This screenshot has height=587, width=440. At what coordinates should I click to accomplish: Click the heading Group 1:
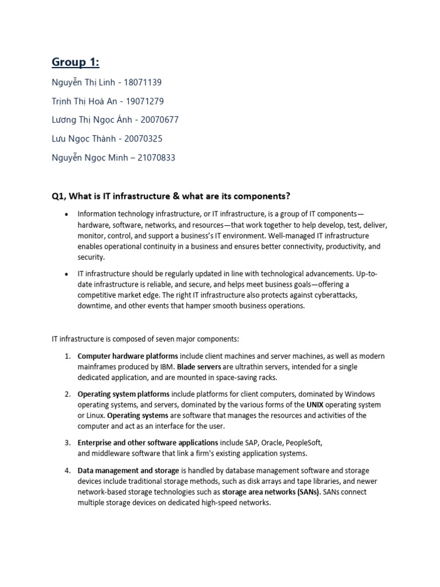[x=75, y=61]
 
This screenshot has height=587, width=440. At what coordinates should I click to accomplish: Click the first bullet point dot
[x=66, y=214]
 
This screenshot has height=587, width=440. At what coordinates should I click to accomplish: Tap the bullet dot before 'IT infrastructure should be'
[x=66, y=274]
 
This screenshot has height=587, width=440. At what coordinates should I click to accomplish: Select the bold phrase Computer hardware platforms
[x=128, y=356]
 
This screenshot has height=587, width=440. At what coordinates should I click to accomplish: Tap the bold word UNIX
[x=315, y=405]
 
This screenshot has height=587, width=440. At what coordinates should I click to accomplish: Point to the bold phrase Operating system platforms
[x=124, y=394]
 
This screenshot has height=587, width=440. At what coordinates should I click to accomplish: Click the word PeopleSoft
[x=302, y=443]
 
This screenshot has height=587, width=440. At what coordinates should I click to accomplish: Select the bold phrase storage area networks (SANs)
[x=270, y=492]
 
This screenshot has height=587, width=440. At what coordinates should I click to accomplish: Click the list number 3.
[x=67, y=443]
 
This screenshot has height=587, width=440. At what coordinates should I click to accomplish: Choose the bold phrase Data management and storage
[x=128, y=471]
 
